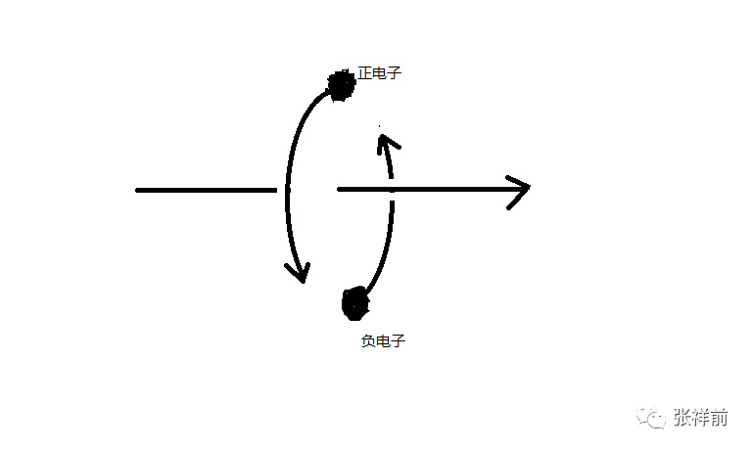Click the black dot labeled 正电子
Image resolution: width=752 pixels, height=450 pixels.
341,86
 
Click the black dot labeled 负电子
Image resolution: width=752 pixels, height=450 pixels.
354,302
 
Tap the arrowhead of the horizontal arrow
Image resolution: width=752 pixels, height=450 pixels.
520,187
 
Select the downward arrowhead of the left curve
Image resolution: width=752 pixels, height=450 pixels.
300,271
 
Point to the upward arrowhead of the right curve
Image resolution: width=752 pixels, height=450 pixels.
386,143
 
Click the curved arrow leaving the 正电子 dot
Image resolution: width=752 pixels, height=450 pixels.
288,176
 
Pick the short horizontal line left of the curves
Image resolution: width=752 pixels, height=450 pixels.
206,190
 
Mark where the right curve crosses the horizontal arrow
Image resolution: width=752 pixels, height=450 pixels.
392,188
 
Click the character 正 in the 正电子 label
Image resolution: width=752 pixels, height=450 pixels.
365,73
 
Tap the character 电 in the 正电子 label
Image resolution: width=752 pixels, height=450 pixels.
380,73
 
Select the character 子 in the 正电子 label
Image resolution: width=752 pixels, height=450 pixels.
395,73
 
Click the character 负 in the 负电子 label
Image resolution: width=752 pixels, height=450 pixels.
368,341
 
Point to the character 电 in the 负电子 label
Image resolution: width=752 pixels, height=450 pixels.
383,341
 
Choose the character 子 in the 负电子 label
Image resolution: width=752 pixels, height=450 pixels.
398,341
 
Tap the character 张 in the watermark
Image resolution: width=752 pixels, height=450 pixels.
683,418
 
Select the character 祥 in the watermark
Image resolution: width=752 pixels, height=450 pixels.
701,418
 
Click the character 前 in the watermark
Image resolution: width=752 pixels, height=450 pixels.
720,418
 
